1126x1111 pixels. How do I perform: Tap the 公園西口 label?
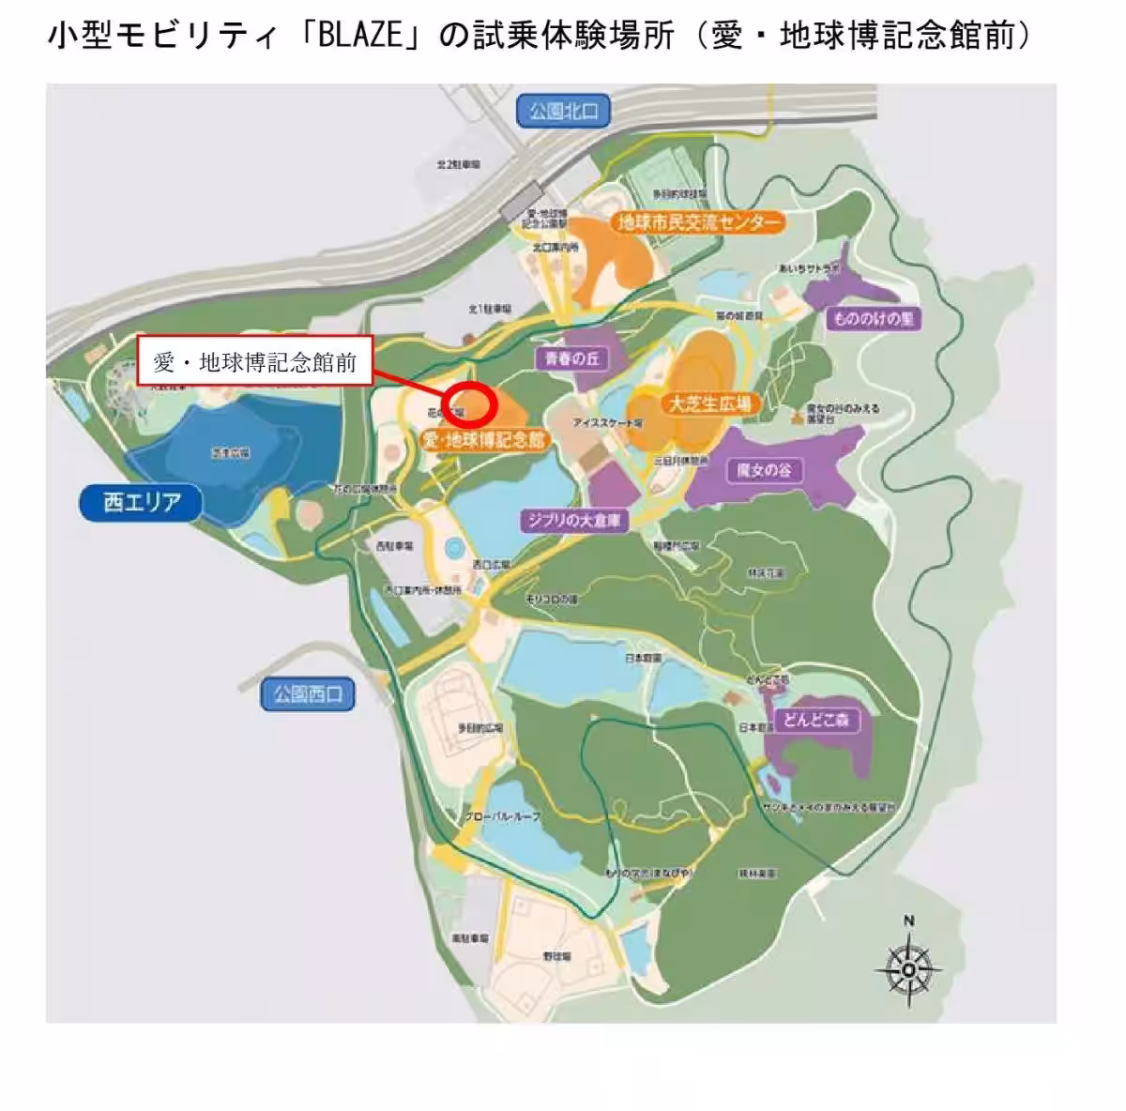[309, 695]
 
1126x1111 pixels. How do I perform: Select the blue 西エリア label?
[142, 503]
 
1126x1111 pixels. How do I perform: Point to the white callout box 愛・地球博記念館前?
[255, 361]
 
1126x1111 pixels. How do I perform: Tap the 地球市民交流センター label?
[698, 222]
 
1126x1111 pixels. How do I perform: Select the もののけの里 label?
[873, 319]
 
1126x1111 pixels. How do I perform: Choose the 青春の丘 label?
[572, 358]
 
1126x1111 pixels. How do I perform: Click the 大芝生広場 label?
[709, 404]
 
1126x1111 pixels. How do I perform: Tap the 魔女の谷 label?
[765, 470]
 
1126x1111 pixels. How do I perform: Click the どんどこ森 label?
[815, 720]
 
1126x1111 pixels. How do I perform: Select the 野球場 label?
[555, 956]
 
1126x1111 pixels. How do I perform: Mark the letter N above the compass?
[908, 921]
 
